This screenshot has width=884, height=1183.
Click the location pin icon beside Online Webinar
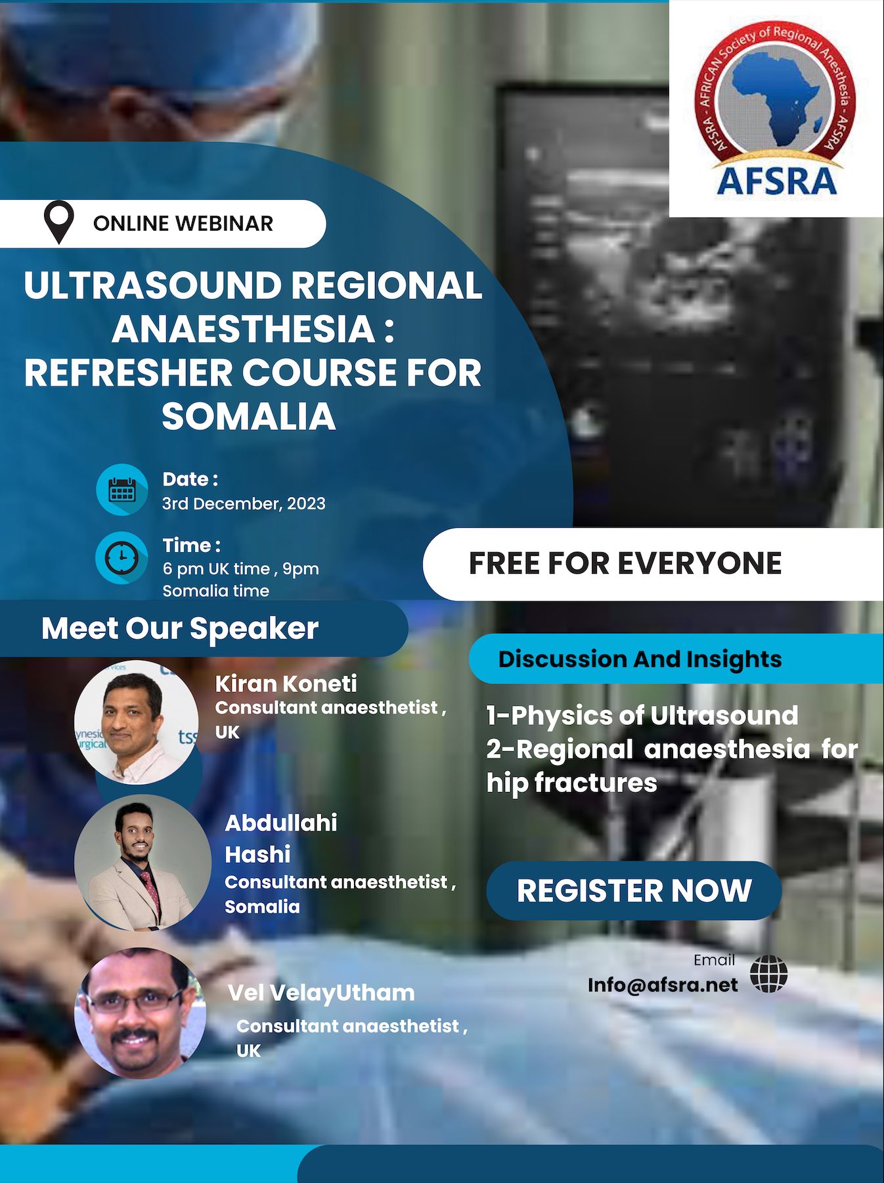(x=58, y=222)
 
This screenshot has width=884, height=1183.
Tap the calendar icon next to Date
(x=122, y=490)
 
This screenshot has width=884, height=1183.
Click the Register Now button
(x=634, y=891)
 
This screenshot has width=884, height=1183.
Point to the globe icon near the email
(x=768, y=974)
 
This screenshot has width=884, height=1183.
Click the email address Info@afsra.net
(x=663, y=985)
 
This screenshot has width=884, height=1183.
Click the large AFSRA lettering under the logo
(x=776, y=180)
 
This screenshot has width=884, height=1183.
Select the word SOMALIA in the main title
(x=249, y=416)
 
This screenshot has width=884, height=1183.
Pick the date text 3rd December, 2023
(x=244, y=503)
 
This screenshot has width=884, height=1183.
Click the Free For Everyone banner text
(x=625, y=563)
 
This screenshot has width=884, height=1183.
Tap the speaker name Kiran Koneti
(x=286, y=684)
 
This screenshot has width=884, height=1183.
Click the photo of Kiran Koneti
(x=137, y=722)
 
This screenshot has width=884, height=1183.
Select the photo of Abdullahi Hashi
(x=142, y=862)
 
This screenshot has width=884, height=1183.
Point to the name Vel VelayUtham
(x=321, y=992)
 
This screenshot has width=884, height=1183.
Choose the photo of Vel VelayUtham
(x=140, y=1013)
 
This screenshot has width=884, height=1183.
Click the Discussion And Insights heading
(x=640, y=659)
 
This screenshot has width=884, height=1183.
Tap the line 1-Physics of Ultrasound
(x=642, y=715)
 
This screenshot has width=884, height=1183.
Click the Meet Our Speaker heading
(x=180, y=628)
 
